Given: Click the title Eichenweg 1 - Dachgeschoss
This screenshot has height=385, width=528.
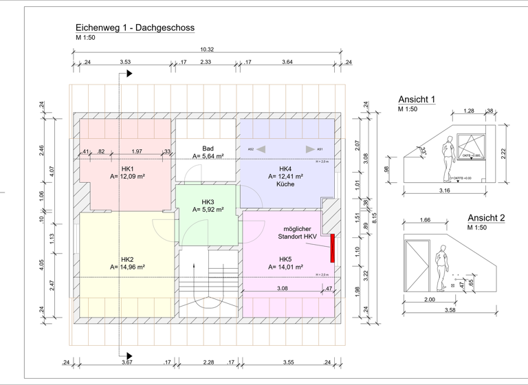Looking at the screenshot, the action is (x=135, y=28).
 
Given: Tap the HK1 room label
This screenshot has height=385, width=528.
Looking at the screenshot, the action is (x=127, y=169).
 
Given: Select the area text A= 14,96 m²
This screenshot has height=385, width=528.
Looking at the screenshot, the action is (x=127, y=267).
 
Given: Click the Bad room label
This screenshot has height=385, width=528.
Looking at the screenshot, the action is (x=208, y=148).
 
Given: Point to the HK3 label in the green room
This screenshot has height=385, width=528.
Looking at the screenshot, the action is (x=208, y=201).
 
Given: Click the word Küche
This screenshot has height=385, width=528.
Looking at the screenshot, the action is (x=285, y=185).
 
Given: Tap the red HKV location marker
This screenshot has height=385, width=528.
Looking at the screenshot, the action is (x=332, y=247).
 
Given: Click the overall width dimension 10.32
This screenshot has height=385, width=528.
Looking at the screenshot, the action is (x=207, y=49).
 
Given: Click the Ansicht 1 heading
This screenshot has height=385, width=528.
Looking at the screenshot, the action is (x=417, y=100).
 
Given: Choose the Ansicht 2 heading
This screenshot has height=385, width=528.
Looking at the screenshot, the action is (x=486, y=218).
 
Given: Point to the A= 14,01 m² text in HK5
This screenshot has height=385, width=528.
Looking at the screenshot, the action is (x=285, y=267).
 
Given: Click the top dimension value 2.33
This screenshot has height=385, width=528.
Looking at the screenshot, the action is (x=206, y=63).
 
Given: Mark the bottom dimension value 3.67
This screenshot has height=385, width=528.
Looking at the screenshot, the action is (x=126, y=362).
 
